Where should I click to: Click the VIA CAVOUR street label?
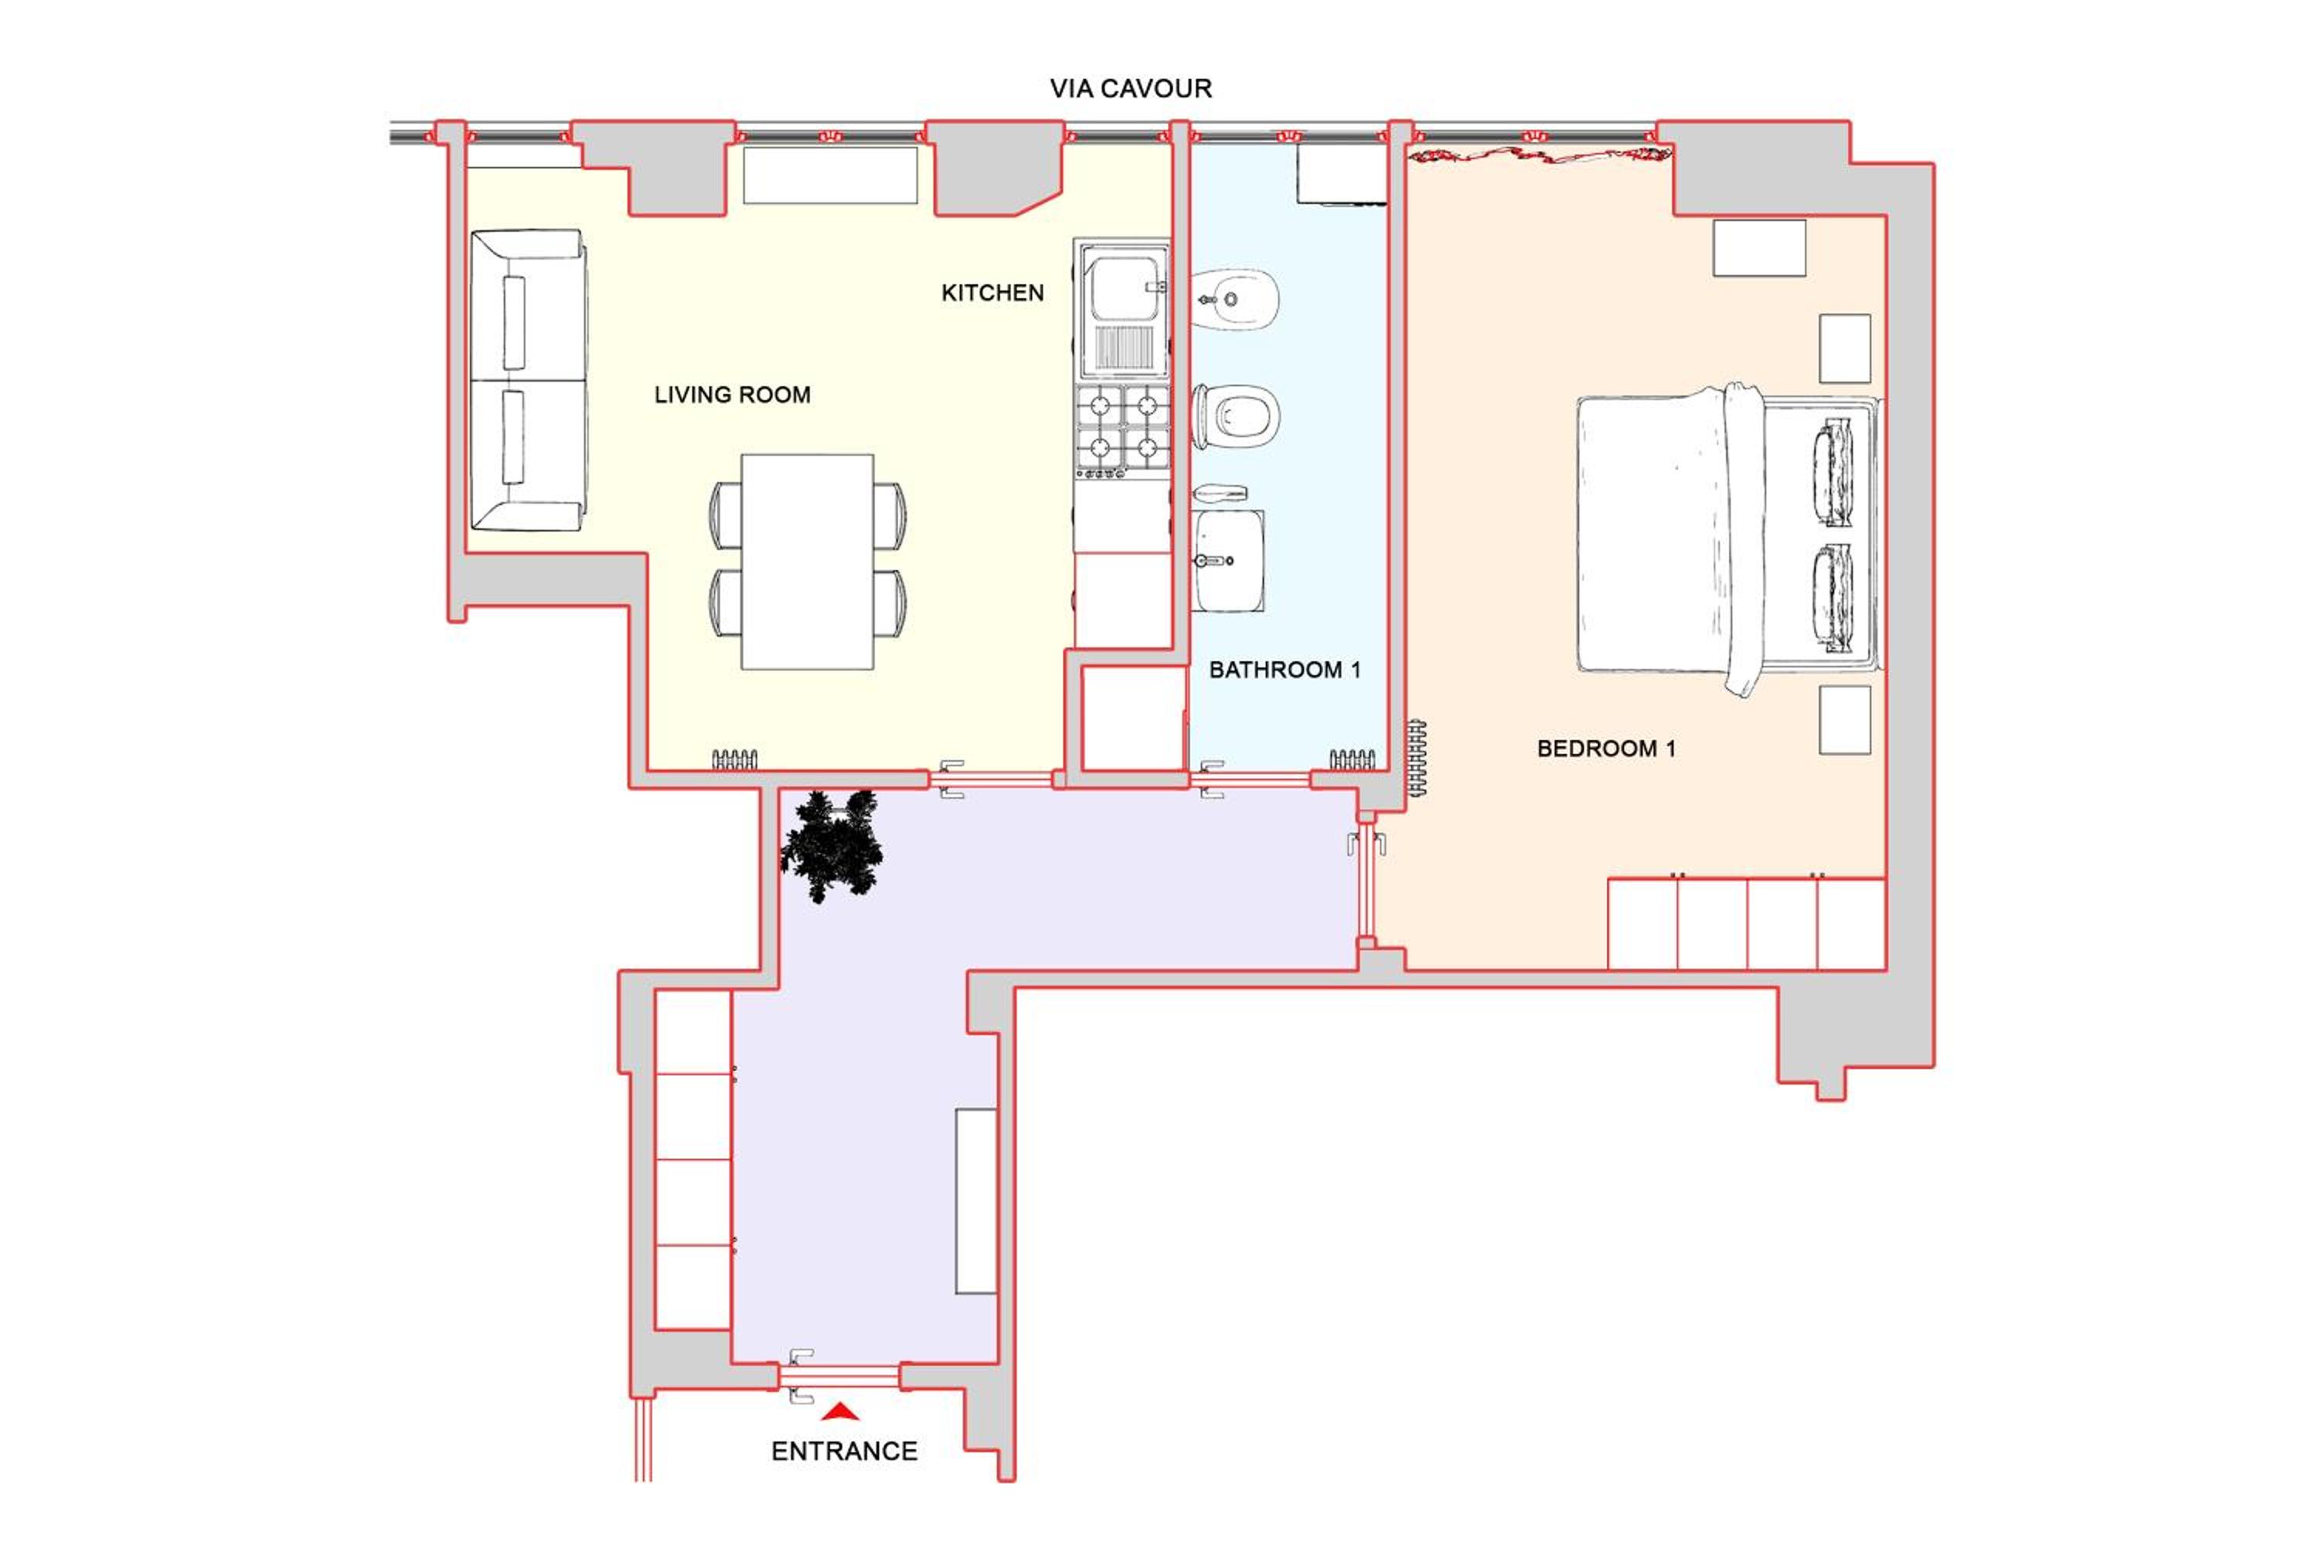(1130, 89)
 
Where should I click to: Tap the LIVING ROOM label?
(732, 395)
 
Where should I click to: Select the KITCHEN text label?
(992, 293)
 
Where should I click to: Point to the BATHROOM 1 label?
(1284, 670)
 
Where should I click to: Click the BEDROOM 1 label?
(1606, 749)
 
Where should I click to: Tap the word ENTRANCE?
(845, 1452)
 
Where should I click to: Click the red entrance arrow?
(841, 1412)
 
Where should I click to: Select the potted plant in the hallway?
(831, 844)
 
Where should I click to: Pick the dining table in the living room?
(807, 562)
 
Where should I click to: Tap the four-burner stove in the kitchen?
(1123, 433)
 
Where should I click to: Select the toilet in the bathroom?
(1235, 417)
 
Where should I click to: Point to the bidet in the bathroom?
(1235, 298)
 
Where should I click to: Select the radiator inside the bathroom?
(1352, 759)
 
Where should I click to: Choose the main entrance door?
(840, 1377)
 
